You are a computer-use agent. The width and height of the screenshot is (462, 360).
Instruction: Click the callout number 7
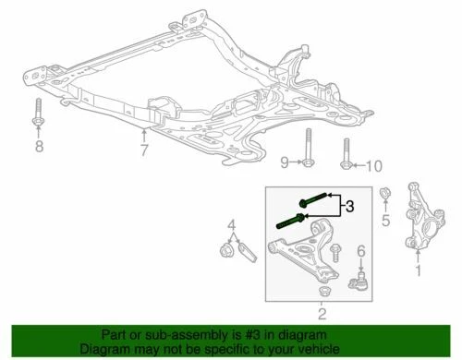tap(143, 149)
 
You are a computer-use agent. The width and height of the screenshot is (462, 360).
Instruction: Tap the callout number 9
tap(286, 162)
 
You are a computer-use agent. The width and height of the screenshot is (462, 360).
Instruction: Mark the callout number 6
tap(361, 250)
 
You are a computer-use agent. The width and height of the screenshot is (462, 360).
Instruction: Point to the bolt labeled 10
tap(346, 154)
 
